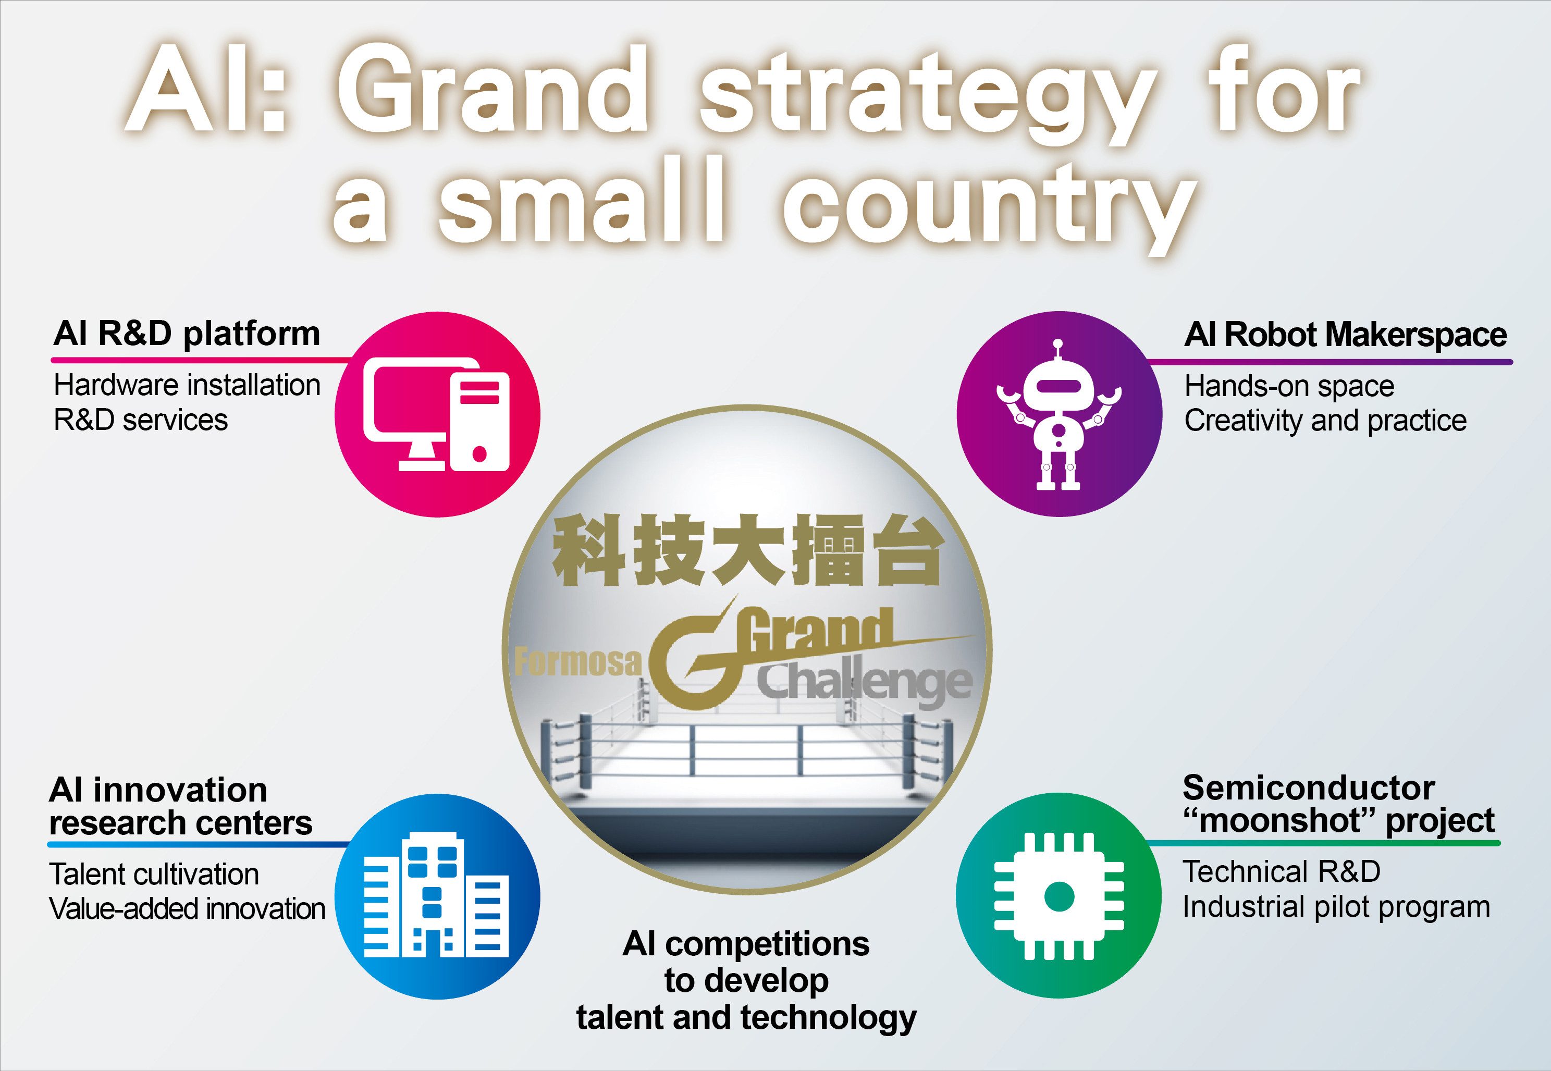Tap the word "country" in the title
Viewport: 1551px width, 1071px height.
pyautogui.click(x=990, y=205)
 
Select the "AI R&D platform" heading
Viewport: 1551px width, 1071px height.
pyautogui.click(x=187, y=334)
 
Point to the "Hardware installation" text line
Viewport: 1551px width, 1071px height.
pyautogui.click(x=187, y=385)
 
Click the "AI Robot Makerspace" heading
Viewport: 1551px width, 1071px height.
pyautogui.click(x=1346, y=334)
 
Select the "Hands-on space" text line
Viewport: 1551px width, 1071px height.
pyautogui.click(x=1289, y=386)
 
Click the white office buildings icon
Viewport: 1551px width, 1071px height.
pyautogui.click(x=436, y=894)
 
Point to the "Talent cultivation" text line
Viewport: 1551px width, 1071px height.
pyautogui.click(x=154, y=875)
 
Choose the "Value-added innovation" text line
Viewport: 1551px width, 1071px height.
pyautogui.click(x=187, y=908)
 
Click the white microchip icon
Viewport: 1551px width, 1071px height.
pyautogui.click(x=1058, y=896)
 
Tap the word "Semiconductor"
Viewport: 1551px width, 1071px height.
pyautogui.click(x=1309, y=788)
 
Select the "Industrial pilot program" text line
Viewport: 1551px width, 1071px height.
pyautogui.click(x=1336, y=907)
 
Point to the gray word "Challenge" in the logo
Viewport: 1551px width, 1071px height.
pyautogui.click(x=865, y=683)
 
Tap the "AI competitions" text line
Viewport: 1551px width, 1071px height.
pyautogui.click(x=746, y=944)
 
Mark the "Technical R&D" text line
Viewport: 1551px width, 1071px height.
pyautogui.click(x=1282, y=872)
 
